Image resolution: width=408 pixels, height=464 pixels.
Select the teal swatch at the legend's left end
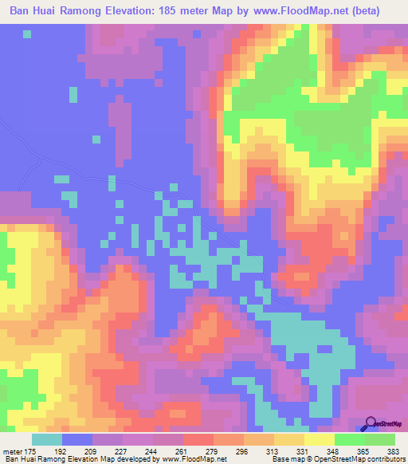pos(47,439)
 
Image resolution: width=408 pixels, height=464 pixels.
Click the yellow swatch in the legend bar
pos(320,439)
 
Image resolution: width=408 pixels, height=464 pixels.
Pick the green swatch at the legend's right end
pos(380,439)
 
